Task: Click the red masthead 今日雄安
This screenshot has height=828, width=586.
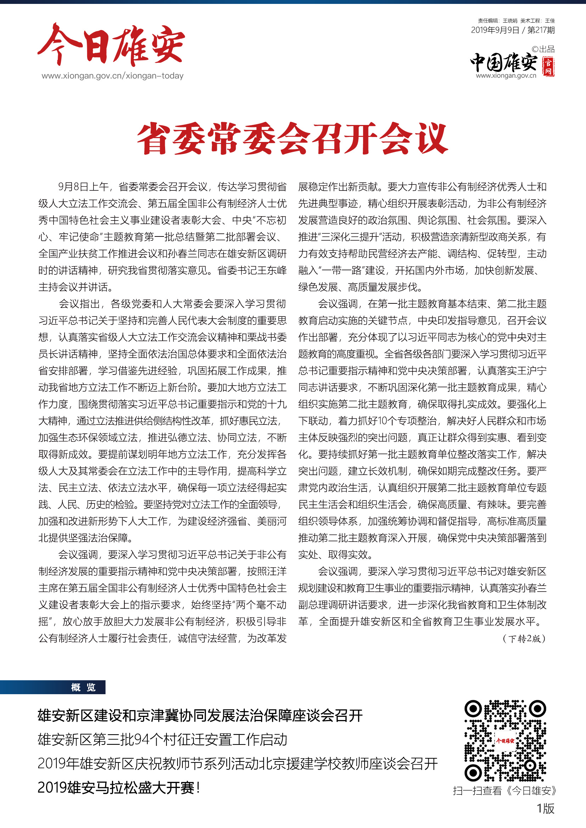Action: click(111, 45)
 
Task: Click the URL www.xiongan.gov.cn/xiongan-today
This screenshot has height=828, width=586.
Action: click(113, 76)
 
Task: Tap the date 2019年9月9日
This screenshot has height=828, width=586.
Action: click(495, 30)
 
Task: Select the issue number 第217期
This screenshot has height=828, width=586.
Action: click(541, 30)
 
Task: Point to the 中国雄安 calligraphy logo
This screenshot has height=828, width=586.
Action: click(504, 62)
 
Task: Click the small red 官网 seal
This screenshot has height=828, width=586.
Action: click(548, 67)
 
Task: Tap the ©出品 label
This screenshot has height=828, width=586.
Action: click(543, 50)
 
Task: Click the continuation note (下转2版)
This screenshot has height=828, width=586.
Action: click(524, 639)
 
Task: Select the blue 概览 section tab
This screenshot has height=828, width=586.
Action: click(83, 687)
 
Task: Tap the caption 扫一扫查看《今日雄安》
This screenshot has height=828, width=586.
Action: click(505, 791)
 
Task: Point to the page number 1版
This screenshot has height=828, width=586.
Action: click(545, 808)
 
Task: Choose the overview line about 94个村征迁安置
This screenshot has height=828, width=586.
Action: click(162, 740)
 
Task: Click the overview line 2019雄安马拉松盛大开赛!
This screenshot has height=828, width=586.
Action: click(119, 788)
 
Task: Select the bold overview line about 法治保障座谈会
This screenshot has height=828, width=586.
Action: click(200, 715)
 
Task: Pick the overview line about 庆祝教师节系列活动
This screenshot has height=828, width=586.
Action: click(237, 764)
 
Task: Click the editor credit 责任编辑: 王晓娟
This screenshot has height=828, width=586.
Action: click(497, 21)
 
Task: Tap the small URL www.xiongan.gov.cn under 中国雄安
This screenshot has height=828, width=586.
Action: click(506, 76)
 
